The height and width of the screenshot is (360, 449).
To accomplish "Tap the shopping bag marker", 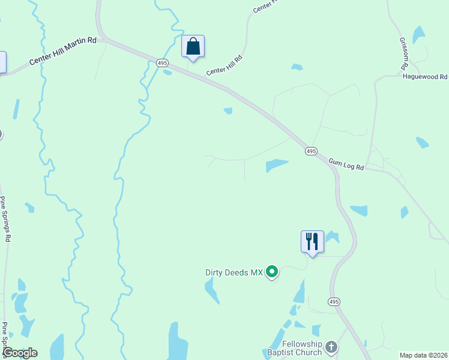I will pyautogui.click(x=193, y=46).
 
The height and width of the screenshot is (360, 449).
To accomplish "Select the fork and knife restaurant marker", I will pyautogui.click(x=312, y=242).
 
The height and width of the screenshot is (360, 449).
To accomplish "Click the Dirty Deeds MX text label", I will pyautogui.click(x=234, y=272).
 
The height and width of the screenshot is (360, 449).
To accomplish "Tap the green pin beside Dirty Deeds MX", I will pyautogui.click(x=272, y=272).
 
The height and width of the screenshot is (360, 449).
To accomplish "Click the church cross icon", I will pyautogui.click(x=331, y=347).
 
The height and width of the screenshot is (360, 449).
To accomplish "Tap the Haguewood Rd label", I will pyautogui.click(x=425, y=77).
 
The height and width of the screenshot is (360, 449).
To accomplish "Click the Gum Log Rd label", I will pyautogui.click(x=346, y=164).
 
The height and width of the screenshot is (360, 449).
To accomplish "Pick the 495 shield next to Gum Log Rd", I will pyautogui.click(x=310, y=151).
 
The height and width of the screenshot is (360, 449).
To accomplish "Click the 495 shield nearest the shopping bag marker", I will pyautogui.click(x=162, y=62).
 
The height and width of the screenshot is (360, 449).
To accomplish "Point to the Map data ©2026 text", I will pyautogui.click(x=424, y=355).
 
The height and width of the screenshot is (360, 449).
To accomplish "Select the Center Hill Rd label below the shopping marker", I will pyautogui.click(x=224, y=66).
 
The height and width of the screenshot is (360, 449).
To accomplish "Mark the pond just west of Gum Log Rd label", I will pyautogui.click(x=277, y=164).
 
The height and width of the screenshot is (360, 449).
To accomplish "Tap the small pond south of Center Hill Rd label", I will pyautogui.click(x=228, y=110).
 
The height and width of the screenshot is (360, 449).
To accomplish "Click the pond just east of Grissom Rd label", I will pyautogui.click(x=418, y=35).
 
